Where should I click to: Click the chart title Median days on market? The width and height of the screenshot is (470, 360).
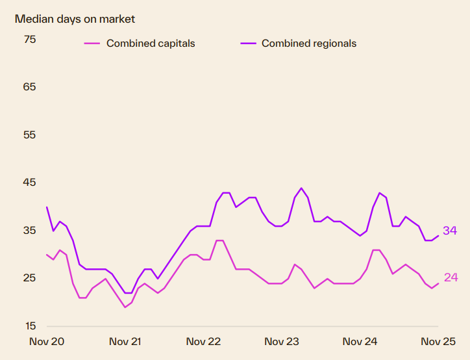click(x=75, y=19)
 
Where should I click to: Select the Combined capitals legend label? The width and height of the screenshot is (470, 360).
click(x=151, y=44)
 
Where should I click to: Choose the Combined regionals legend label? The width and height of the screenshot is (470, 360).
click(x=309, y=44)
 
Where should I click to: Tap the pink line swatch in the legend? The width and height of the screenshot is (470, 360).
click(x=92, y=44)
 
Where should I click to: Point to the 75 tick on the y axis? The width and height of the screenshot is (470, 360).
click(x=30, y=40)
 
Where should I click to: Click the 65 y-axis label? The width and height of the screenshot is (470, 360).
click(x=30, y=87)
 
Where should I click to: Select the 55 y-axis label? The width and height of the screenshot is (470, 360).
click(x=30, y=135)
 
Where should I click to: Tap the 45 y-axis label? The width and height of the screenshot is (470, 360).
click(x=30, y=183)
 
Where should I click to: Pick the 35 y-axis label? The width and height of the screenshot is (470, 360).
click(x=30, y=231)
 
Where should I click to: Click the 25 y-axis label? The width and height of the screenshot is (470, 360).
click(x=30, y=278)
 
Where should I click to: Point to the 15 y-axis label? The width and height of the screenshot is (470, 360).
click(x=30, y=326)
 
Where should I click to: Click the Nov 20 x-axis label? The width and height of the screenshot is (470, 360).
click(x=47, y=341)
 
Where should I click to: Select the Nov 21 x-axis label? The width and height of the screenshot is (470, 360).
click(x=125, y=341)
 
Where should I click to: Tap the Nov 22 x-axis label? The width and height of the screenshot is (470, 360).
click(x=204, y=341)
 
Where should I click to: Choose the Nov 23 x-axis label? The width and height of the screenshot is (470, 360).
click(x=282, y=341)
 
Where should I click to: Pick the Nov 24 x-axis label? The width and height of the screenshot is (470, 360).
click(x=360, y=341)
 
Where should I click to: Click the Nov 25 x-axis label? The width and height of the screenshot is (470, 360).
click(x=438, y=341)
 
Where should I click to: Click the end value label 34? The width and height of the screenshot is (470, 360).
click(x=451, y=231)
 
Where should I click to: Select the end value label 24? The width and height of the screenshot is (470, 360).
click(x=451, y=278)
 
